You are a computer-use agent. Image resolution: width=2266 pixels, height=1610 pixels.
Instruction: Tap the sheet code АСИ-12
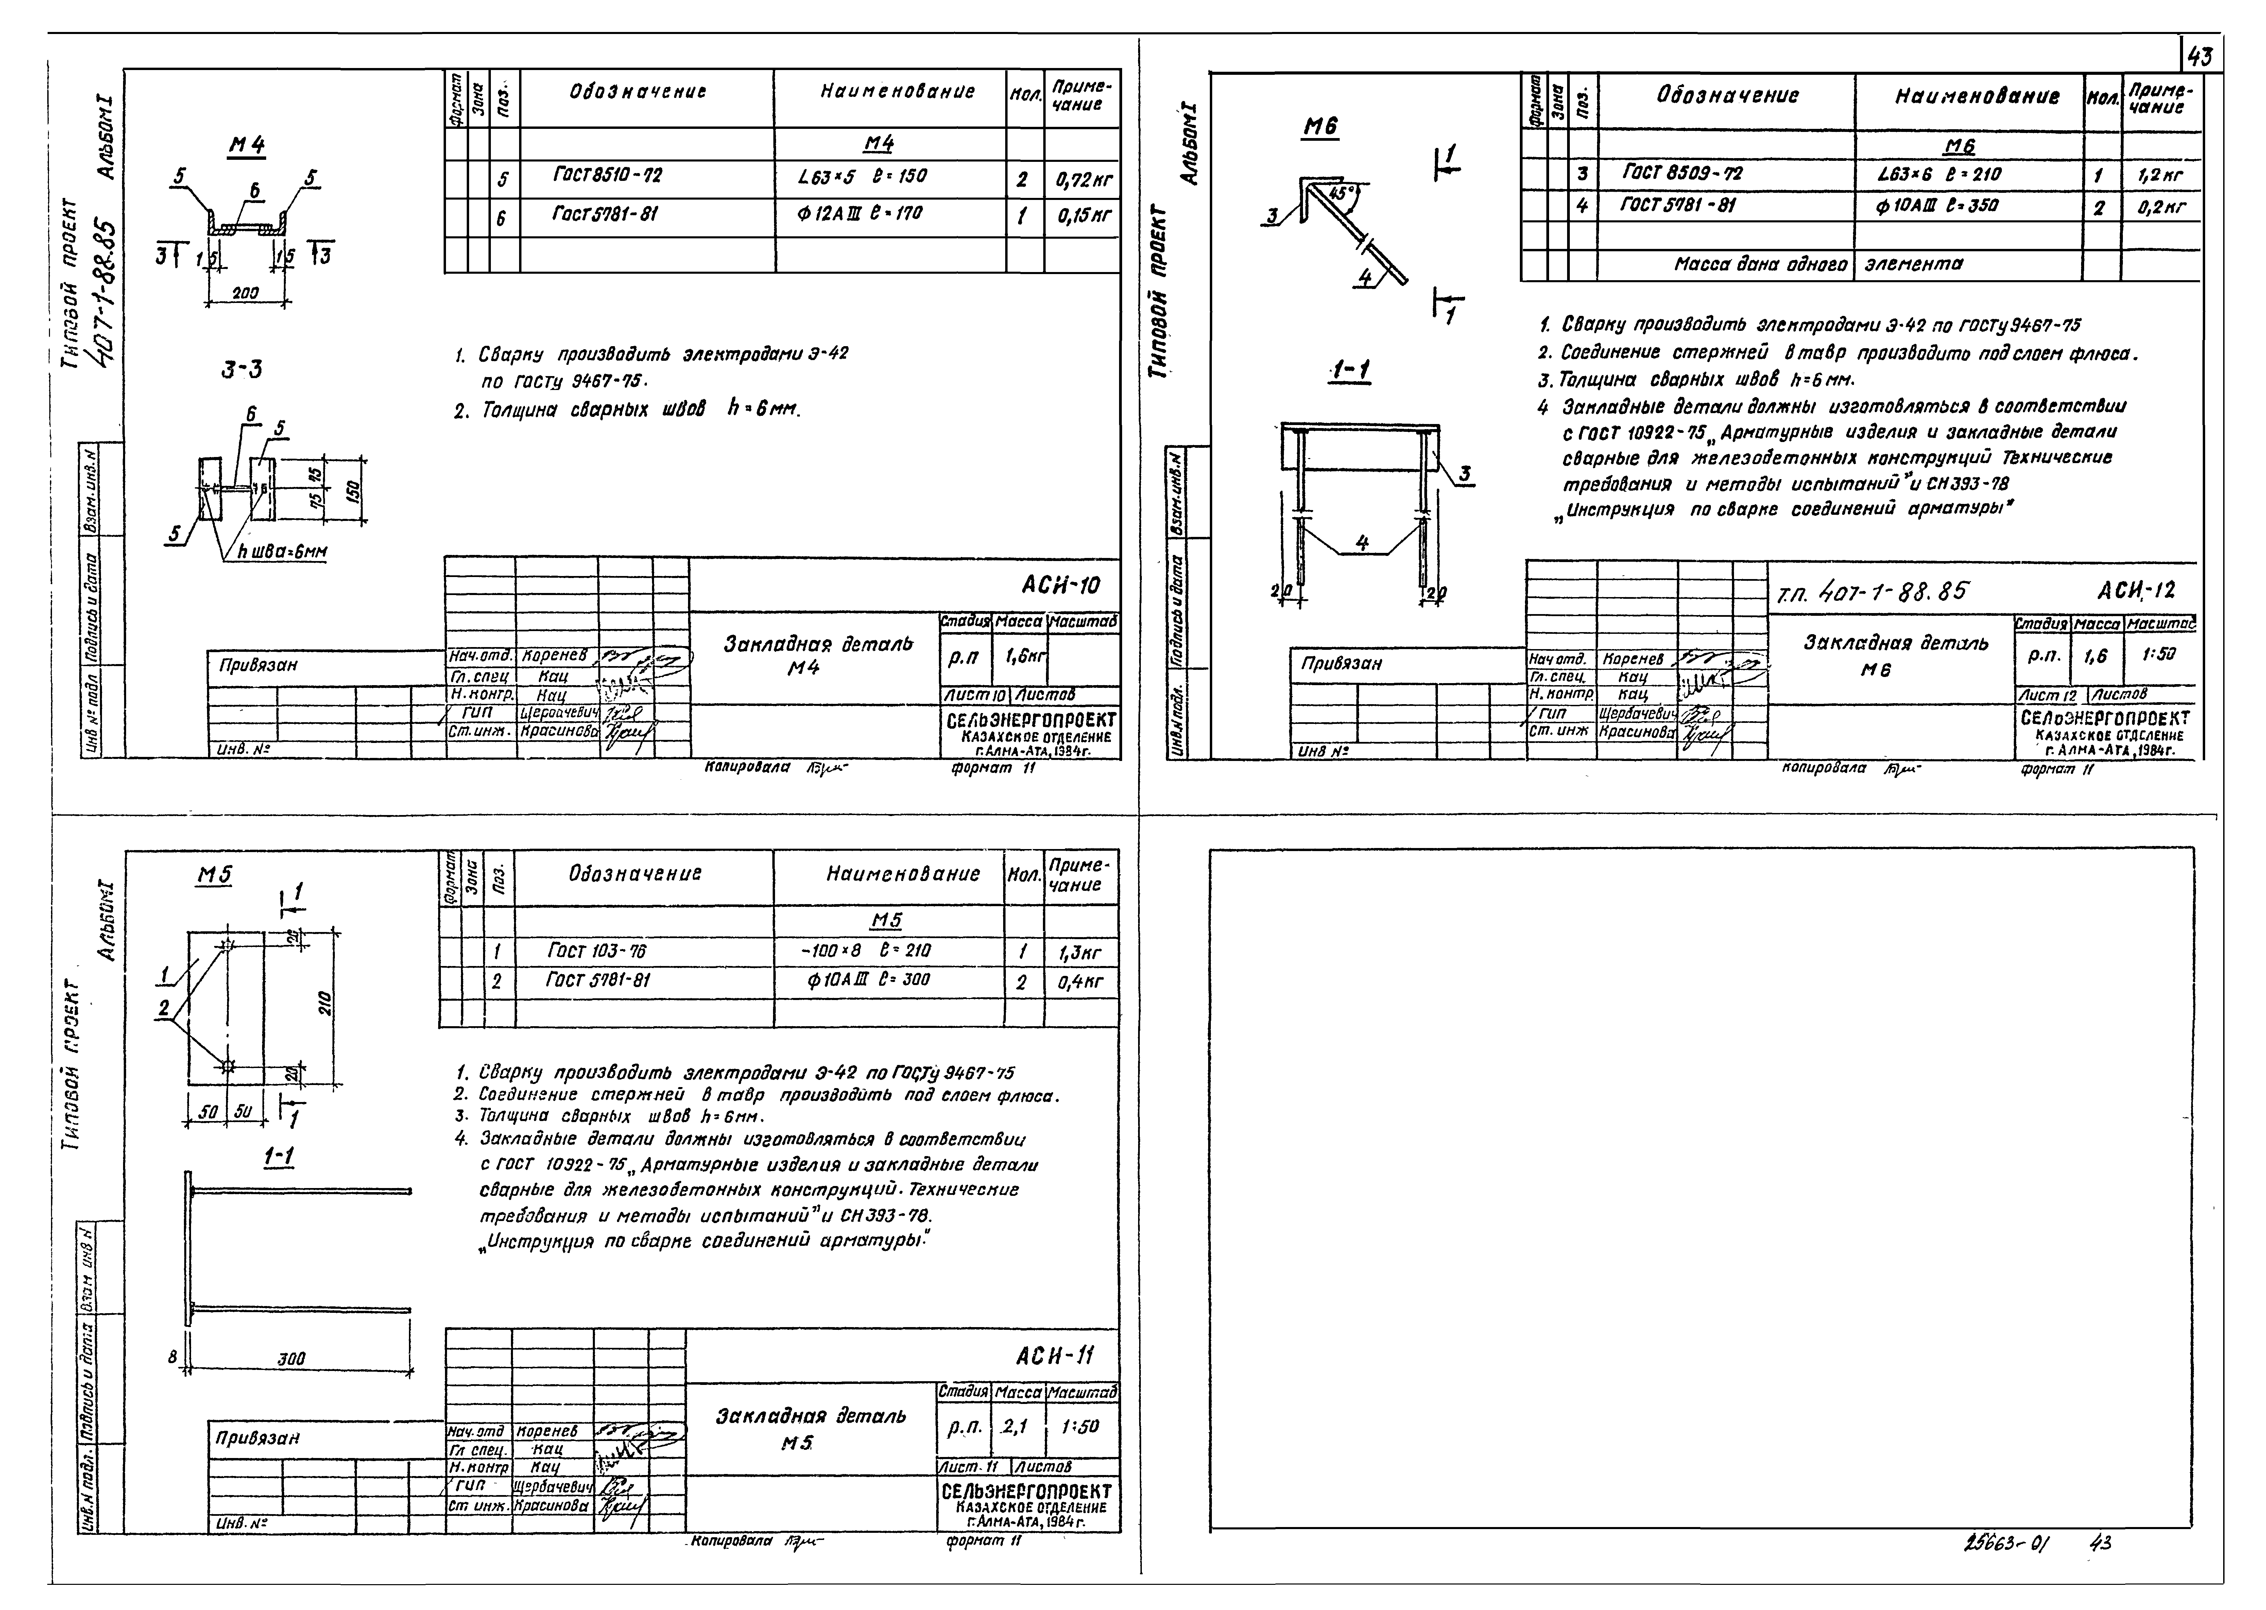(2136, 591)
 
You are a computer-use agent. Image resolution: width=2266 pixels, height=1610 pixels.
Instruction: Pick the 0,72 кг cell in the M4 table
(1082, 181)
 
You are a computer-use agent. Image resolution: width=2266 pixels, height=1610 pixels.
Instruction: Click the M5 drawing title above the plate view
(214, 876)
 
